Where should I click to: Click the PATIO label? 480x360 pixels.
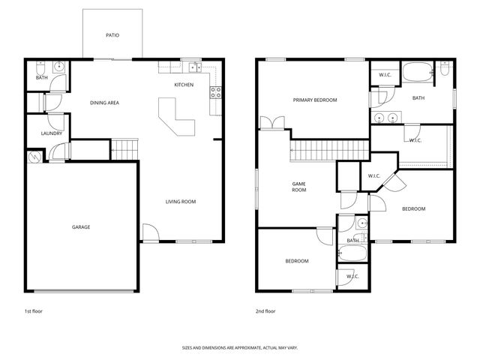click(112, 35)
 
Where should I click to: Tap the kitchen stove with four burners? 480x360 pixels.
click(215, 92)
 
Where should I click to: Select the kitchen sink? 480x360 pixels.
click(193, 66)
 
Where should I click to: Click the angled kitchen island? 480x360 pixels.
click(178, 121)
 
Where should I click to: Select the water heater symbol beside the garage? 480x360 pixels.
click(34, 157)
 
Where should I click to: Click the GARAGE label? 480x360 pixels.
click(81, 226)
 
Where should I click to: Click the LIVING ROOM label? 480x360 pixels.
click(181, 201)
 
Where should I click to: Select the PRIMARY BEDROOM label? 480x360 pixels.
click(314, 100)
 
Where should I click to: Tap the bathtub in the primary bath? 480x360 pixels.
click(418, 73)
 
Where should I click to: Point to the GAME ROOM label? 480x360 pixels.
click(298, 187)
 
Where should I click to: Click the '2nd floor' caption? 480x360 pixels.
click(265, 310)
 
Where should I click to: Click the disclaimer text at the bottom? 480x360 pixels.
click(239, 348)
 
